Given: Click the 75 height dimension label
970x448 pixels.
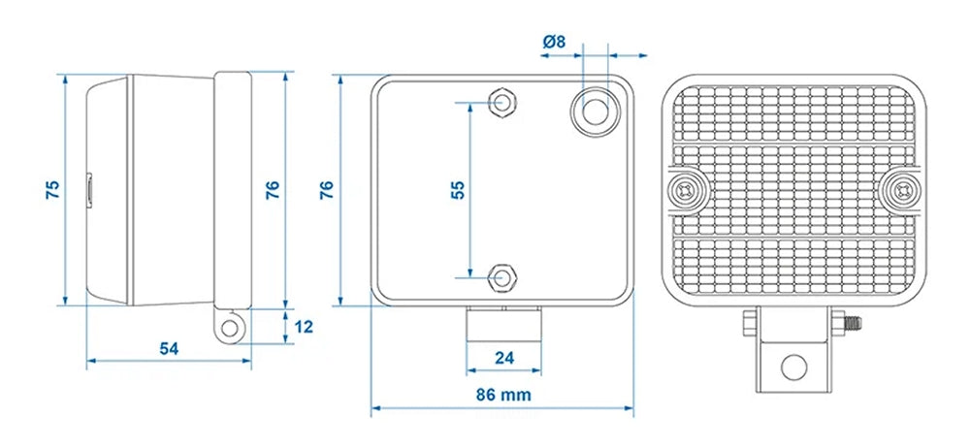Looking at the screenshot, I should click(52, 188).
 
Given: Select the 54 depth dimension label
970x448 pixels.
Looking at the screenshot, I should click(168, 347).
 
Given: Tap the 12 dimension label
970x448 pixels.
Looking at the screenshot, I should click(303, 327).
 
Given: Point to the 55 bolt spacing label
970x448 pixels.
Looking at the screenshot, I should click(458, 188).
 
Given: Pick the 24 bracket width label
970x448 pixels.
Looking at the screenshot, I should click(503, 357).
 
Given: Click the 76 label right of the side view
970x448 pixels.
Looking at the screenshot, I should click(273, 188).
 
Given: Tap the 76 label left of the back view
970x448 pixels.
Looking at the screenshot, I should click(327, 188).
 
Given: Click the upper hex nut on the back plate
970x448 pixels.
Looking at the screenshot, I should click(502, 102).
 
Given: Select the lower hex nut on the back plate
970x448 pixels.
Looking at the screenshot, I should click(502, 279).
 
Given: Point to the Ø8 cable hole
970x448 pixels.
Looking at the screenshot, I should click(595, 109).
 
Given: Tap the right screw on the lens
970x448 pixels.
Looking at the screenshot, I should click(902, 190).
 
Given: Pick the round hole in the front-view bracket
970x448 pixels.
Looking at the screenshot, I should click(794, 367).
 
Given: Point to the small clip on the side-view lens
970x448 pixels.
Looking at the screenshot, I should click(88, 188).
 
